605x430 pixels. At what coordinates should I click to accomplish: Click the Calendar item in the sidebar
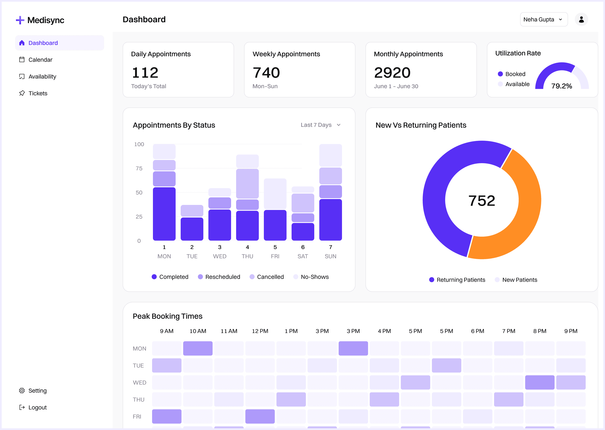tap(40, 60)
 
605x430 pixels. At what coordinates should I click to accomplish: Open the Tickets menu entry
tap(38, 93)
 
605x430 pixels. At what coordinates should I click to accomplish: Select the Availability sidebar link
tap(42, 76)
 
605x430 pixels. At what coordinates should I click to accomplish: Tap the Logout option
tap(37, 407)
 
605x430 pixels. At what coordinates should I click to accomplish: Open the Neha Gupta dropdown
tap(543, 20)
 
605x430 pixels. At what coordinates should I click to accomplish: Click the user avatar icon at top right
tap(581, 20)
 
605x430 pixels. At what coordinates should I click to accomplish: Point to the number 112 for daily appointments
tap(145, 73)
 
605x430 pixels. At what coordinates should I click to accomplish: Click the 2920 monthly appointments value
tap(392, 73)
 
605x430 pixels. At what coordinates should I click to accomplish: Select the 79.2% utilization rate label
tap(561, 86)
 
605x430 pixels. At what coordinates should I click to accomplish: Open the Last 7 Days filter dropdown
tap(320, 125)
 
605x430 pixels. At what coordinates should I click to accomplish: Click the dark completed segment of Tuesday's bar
tap(192, 229)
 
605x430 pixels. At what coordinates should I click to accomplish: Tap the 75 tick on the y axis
tap(139, 168)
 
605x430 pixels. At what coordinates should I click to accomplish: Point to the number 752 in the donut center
tap(481, 201)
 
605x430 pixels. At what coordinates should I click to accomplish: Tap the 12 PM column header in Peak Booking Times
tap(260, 331)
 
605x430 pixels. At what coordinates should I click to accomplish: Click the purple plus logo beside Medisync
tap(20, 20)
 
